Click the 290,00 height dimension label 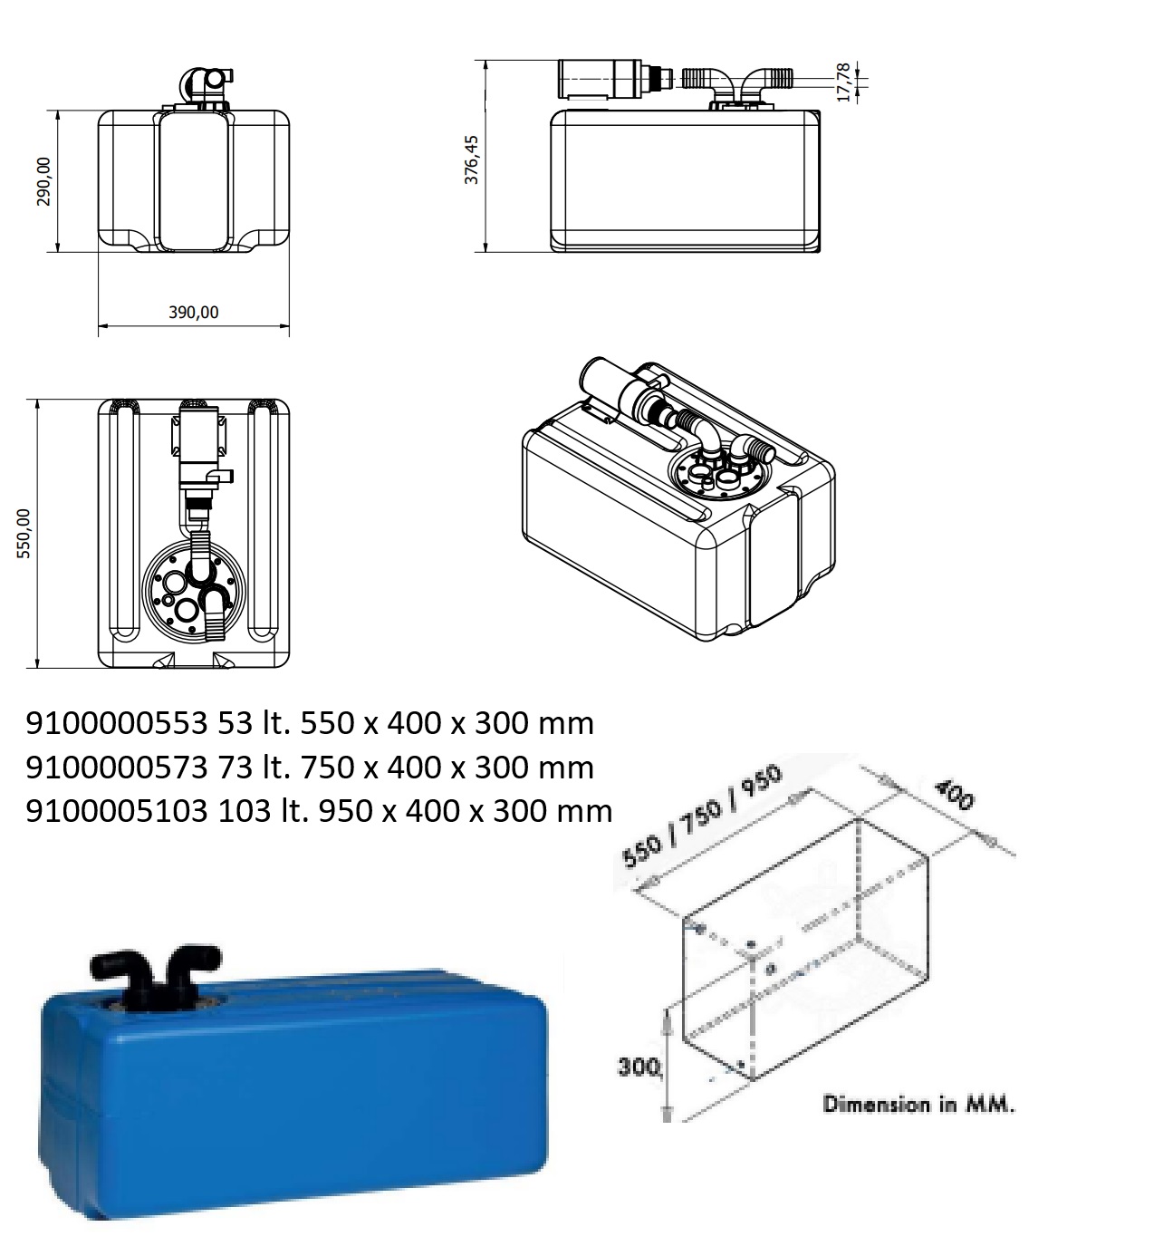pos(43,180)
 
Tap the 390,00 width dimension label pos(193,312)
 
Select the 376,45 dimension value pos(471,159)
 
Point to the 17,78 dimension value pos(843,82)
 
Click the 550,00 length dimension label pos(24,533)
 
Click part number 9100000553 pos(116,723)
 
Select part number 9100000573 pos(116,768)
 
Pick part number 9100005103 pos(116,811)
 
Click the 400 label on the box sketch pos(954,795)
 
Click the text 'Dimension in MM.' pos(918,1104)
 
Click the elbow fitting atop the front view pos(201,84)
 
